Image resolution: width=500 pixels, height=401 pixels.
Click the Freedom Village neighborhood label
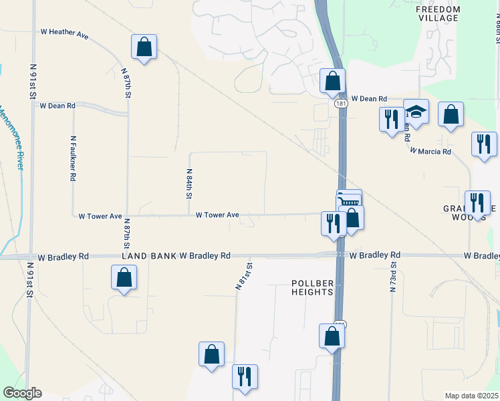click(x=438, y=13)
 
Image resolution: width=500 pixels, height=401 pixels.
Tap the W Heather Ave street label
click(x=64, y=31)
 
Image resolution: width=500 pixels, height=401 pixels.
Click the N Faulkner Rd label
click(x=73, y=159)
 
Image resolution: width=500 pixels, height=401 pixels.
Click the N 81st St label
click(x=244, y=275)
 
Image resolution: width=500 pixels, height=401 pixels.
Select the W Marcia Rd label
click(x=430, y=152)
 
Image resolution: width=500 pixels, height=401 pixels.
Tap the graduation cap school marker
click(x=416, y=111)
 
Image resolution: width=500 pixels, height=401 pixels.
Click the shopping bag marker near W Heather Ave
click(x=144, y=47)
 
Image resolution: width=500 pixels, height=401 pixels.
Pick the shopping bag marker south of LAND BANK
click(x=124, y=277)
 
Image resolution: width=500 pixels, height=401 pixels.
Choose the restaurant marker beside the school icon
click(x=391, y=119)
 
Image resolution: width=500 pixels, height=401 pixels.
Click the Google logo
click(x=22, y=393)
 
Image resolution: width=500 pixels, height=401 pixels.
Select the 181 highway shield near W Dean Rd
click(x=340, y=104)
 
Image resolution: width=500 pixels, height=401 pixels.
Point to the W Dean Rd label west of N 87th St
click(x=57, y=106)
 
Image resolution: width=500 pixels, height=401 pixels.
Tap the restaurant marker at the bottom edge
click(x=245, y=376)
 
